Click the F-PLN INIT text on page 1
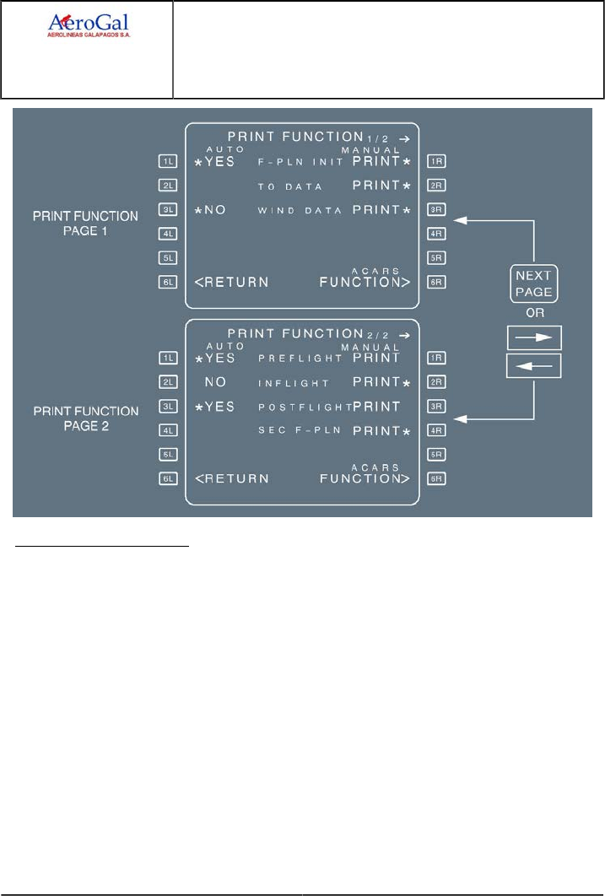click(x=300, y=160)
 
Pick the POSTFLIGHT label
click(x=303, y=407)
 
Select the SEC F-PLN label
click(x=291, y=430)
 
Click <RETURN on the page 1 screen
click(x=232, y=282)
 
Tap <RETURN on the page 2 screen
click(x=232, y=478)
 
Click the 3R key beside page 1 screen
click(x=436, y=209)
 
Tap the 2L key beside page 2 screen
click(x=169, y=382)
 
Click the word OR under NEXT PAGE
click(x=535, y=310)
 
